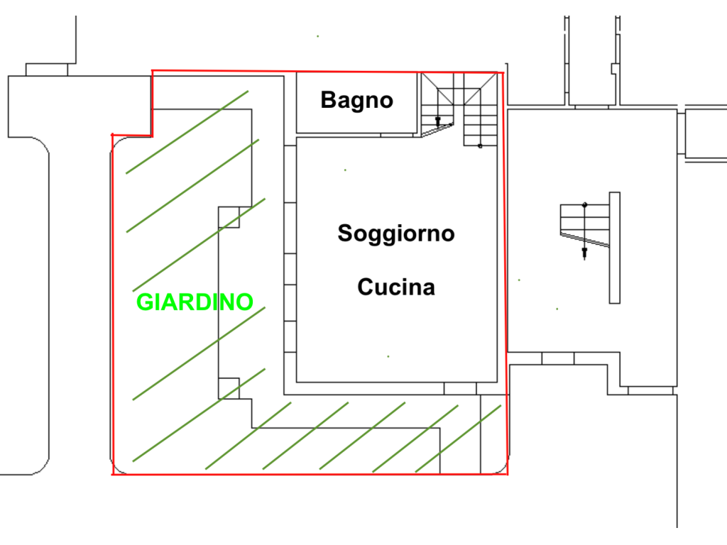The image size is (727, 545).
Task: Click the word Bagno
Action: click(357, 101)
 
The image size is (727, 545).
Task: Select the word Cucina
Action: click(396, 287)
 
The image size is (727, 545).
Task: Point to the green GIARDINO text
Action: click(195, 302)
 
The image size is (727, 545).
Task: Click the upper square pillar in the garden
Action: click(229, 217)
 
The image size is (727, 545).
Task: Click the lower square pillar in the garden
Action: click(229, 388)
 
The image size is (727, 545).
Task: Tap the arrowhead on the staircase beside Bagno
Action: click(437, 122)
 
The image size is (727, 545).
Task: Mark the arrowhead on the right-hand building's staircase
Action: click(584, 253)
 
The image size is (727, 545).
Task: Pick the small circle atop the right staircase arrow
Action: click(585, 205)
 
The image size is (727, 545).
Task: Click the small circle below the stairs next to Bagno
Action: click(480, 146)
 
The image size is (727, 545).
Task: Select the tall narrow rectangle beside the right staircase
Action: click(614, 248)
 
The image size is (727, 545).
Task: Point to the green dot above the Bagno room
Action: click(317, 36)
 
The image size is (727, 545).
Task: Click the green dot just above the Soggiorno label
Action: click(345, 170)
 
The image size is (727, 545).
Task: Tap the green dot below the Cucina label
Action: click(388, 356)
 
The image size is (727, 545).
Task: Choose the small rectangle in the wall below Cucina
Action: click(460, 388)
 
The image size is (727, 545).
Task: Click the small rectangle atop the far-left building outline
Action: click(47, 70)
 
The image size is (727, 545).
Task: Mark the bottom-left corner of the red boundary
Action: click(113, 475)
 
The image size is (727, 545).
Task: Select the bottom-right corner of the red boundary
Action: click(508, 474)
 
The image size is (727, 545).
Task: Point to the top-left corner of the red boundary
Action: click(152, 71)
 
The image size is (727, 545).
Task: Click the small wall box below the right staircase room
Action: click(558, 358)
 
